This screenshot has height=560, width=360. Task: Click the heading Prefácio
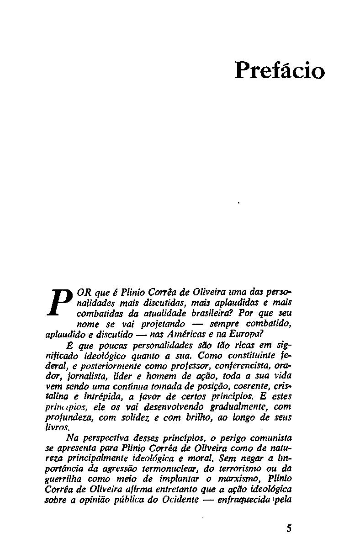point(280,71)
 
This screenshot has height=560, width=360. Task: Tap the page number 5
point(288,528)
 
